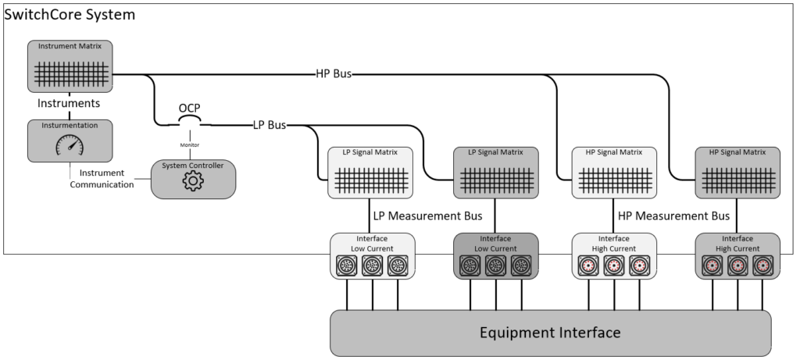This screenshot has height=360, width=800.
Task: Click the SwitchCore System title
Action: click(70, 14)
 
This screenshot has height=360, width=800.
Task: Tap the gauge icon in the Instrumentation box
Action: click(70, 145)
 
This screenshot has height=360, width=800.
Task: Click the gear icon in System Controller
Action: click(192, 181)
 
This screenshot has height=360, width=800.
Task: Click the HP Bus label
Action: click(333, 74)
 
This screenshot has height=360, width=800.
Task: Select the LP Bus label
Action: click(269, 124)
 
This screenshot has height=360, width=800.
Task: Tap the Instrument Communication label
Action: click(102, 178)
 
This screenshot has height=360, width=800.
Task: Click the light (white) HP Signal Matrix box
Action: click(613, 172)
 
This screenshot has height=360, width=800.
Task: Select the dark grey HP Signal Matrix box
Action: click(737, 172)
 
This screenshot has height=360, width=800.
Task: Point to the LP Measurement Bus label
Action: click(427, 215)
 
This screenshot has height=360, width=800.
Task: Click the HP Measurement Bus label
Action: click(673, 215)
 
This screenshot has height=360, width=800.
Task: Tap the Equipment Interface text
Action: click(550, 333)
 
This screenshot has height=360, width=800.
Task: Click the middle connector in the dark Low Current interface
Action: click(495, 266)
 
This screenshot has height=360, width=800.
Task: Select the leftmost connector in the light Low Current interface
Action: click(345, 266)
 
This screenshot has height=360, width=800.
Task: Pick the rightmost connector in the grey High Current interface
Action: click(762, 266)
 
